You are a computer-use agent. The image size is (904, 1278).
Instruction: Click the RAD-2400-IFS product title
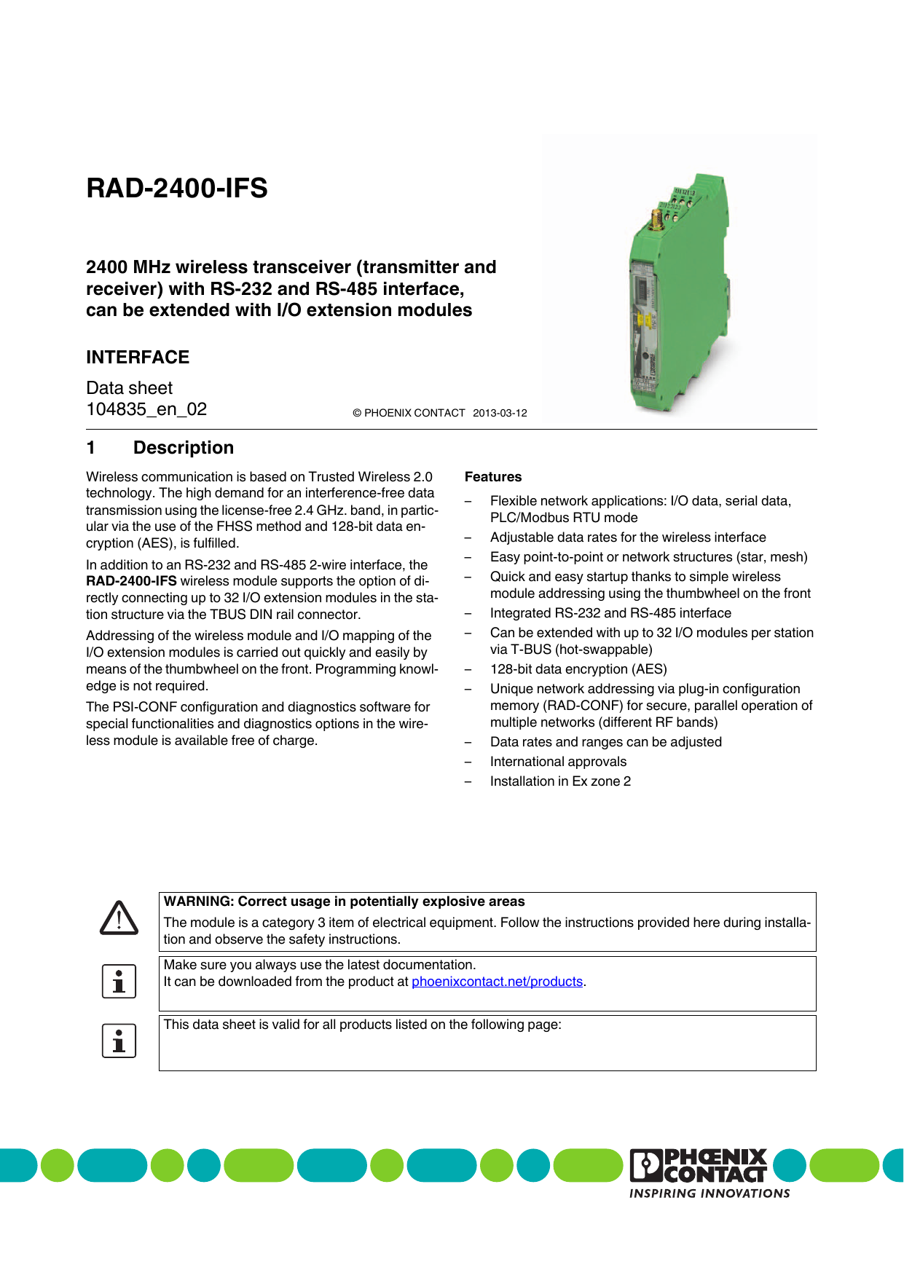click(x=177, y=189)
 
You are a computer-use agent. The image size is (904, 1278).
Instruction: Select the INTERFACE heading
click(x=138, y=358)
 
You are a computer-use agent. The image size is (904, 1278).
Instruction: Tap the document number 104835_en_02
click(x=146, y=409)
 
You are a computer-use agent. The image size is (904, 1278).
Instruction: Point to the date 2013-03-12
click(x=500, y=413)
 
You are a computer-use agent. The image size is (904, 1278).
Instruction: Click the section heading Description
click(x=184, y=448)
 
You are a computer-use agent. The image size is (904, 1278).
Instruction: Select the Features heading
click(x=493, y=477)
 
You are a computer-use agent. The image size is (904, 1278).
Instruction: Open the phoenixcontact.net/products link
click(x=497, y=982)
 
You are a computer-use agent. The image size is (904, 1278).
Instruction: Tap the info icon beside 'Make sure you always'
click(x=119, y=982)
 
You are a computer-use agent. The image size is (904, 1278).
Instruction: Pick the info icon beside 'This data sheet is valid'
click(x=119, y=1041)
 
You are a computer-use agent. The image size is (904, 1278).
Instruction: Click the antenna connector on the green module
click(x=656, y=218)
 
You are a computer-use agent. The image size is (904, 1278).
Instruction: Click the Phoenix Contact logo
click(x=699, y=1164)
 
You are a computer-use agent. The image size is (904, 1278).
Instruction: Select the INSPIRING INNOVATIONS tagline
click(x=710, y=1194)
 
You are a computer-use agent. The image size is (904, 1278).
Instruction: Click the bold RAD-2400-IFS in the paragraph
click(x=131, y=581)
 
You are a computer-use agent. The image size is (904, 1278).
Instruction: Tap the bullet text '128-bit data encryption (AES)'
click(x=578, y=669)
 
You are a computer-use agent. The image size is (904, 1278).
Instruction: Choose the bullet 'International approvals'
click(x=558, y=762)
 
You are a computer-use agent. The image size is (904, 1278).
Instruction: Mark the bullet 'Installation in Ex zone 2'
click(x=560, y=781)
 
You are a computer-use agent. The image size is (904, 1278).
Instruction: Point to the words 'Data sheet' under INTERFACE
click(x=130, y=388)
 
